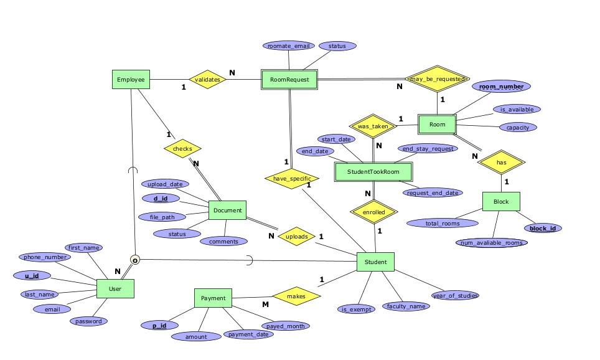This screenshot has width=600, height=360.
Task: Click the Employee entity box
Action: click(x=131, y=79)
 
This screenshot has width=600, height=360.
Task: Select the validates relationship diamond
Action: click(x=207, y=80)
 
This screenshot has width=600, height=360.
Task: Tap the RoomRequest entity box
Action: click(x=289, y=80)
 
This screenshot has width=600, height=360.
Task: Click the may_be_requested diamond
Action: click(x=436, y=79)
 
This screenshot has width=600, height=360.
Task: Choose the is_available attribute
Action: click(x=517, y=110)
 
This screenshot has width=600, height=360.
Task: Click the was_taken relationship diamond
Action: click(x=373, y=126)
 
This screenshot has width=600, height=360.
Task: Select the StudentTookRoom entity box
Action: click(x=374, y=171)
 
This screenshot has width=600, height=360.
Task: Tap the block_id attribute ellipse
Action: click(x=543, y=228)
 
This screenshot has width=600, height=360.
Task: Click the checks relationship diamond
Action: click(x=182, y=149)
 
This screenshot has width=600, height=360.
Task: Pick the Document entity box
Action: click(x=227, y=211)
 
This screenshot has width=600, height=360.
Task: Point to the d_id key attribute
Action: click(x=161, y=199)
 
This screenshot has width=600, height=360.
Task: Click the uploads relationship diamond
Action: click(x=296, y=237)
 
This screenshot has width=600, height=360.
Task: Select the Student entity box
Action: click(x=375, y=262)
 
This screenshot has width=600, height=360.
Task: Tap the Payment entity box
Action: click(x=213, y=298)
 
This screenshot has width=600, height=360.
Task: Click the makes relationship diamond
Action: click(x=296, y=296)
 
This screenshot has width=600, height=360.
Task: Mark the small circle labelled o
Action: click(x=135, y=260)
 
